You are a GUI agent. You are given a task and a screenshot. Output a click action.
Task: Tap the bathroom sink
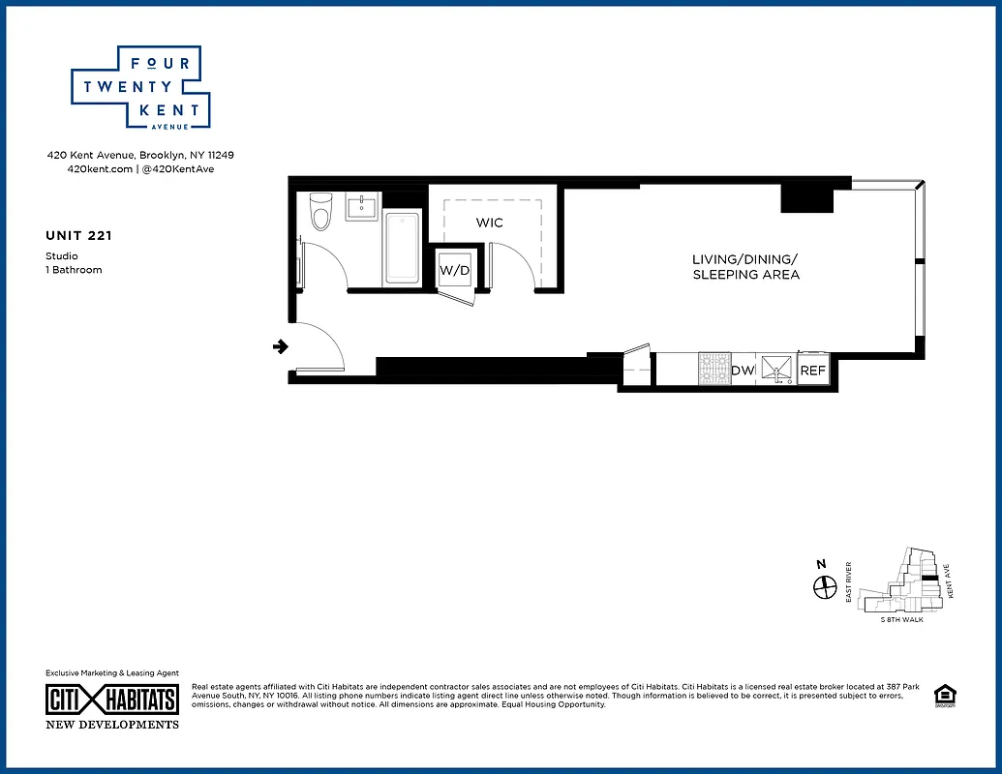pyautogui.click(x=362, y=207)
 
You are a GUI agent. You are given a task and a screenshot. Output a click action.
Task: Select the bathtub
pyautogui.click(x=402, y=248)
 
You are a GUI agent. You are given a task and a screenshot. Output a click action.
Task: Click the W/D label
pyautogui.click(x=454, y=270)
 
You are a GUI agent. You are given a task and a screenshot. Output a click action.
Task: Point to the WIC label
pyautogui.click(x=489, y=223)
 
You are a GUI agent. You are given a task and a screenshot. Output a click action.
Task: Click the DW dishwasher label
pyautogui.click(x=743, y=370)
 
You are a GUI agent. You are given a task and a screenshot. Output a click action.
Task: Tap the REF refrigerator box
pyautogui.click(x=812, y=370)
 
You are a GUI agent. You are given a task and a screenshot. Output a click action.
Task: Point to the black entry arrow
pyautogui.click(x=281, y=346)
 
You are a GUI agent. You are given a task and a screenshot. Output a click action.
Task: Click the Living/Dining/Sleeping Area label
pyautogui.click(x=745, y=267)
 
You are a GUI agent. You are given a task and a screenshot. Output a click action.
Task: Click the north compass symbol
pyautogui.click(x=824, y=585)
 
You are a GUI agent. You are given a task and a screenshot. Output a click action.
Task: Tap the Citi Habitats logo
pyautogui.click(x=112, y=700)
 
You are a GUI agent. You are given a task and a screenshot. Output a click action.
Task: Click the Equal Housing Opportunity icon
pyautogui.click(x=942, y=696)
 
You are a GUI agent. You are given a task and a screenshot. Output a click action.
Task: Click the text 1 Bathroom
pyautogui.click(x=74, y=270)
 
